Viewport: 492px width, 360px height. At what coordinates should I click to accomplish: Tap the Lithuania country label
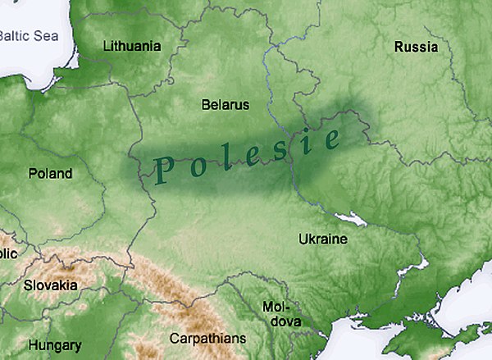[x=131, y=46]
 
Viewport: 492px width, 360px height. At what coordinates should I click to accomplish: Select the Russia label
[x=416, y=47]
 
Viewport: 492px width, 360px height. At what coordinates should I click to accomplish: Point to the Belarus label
[x=225, y=105]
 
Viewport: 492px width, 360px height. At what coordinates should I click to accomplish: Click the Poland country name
[x=50, y=174]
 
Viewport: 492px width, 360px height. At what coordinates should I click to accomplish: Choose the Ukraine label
[x=322, y=239]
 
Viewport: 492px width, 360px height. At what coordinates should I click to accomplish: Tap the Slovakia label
[x=50, y=285]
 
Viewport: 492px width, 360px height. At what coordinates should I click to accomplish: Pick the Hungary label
[x=55, y=345]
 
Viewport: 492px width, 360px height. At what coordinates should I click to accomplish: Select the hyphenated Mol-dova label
[x=281, y=314]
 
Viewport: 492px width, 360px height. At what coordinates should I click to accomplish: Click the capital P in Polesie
[x=162, y=171]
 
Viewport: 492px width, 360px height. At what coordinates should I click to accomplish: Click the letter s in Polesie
[x=278, y=151]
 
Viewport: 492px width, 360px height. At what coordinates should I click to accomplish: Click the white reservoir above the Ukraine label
[x=354, y=219]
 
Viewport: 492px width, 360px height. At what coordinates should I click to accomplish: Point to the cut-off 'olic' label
[x=8, y=253]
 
